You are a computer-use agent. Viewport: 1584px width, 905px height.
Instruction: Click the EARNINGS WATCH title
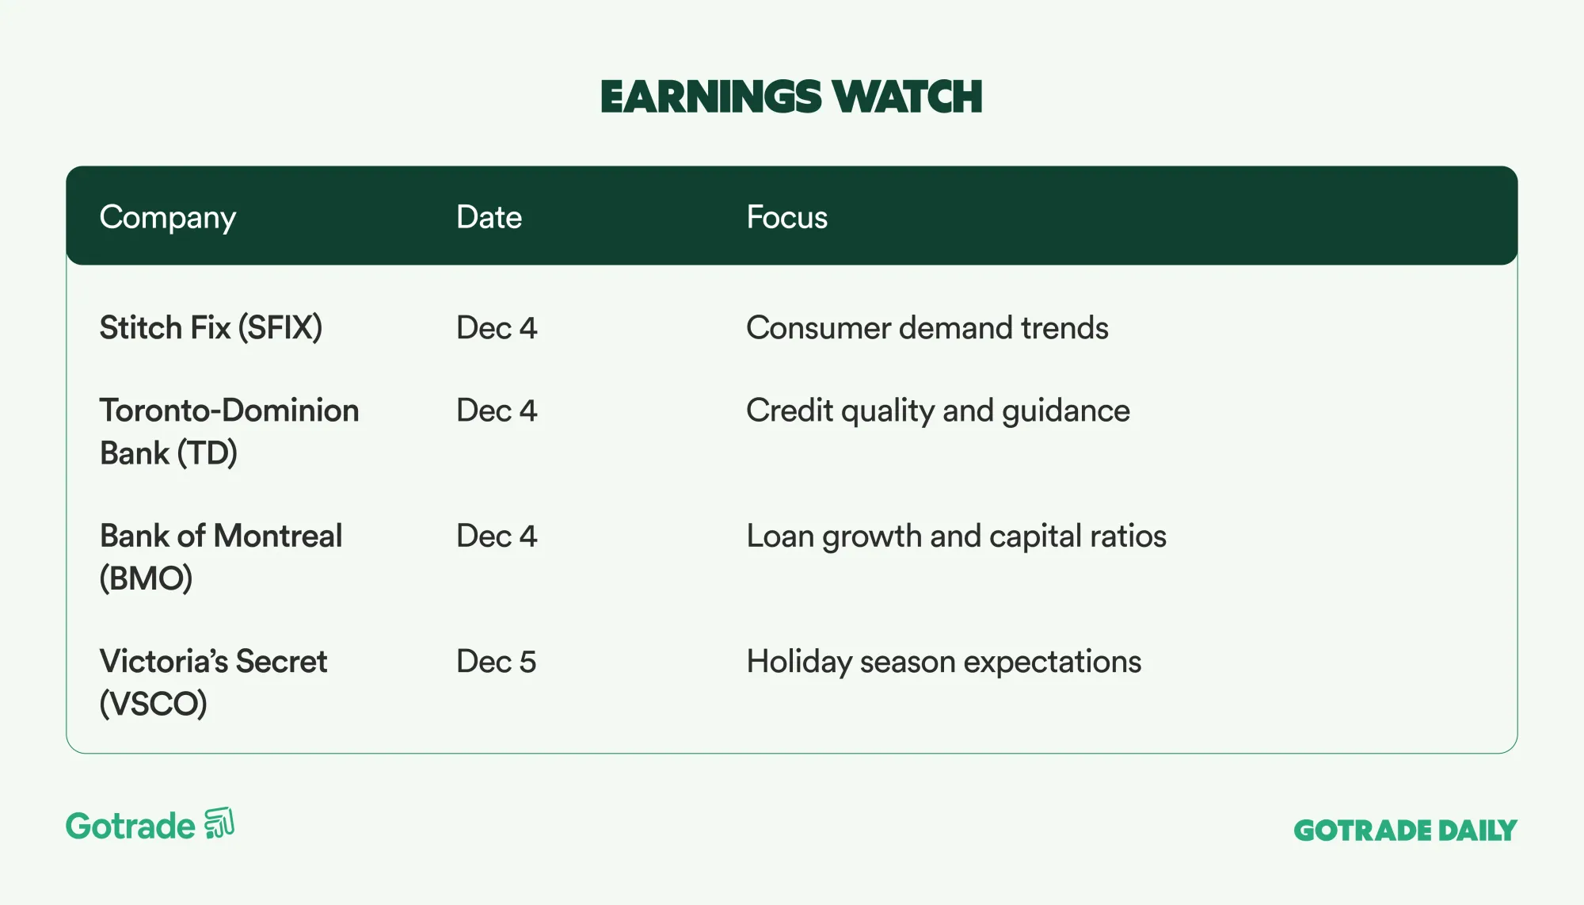click(790, 97)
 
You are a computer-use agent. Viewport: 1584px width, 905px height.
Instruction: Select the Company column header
click(167, 217)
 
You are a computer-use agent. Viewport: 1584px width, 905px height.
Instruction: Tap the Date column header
click(489, 217)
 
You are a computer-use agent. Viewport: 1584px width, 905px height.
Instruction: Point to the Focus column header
click(786, 217)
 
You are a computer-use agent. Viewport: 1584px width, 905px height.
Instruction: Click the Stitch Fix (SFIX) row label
click(211, 327)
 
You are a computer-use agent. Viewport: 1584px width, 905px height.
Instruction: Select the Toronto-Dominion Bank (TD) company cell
click(229, 431)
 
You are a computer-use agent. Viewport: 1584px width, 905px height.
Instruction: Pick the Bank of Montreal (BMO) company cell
click(220, 556)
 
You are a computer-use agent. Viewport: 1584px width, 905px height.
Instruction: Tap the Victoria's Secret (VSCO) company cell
click(212, 682)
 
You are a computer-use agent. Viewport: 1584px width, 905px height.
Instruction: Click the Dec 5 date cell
click(496, 662)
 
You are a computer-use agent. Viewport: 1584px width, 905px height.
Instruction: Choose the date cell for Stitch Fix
click(496, 327)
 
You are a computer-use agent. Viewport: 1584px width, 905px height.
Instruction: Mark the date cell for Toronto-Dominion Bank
click(496, 410)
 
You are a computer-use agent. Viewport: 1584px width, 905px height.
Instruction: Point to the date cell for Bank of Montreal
click(496, 537)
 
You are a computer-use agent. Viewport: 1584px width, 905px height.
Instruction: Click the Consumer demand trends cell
click(927, 327)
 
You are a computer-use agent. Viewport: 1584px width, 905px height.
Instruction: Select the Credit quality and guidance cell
click(938, 410)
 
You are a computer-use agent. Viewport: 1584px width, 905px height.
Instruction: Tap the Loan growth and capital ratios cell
click(956, 537)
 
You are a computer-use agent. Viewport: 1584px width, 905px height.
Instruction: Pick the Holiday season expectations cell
click(943, 662)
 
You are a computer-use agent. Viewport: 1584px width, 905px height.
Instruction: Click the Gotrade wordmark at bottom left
click(131, 827)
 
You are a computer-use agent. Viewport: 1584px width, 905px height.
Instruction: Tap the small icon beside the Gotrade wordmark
click(219, 823)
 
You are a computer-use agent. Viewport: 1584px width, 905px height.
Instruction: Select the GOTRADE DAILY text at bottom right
click(1405, 831)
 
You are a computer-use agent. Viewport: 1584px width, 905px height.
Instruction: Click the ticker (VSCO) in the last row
click(153, 704)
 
